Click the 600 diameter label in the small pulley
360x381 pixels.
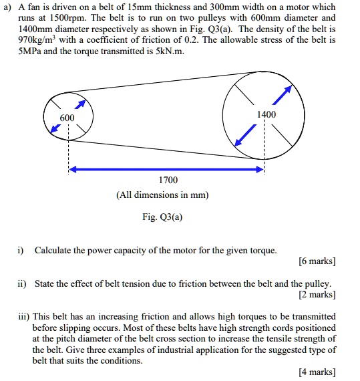67,118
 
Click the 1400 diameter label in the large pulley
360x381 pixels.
266,114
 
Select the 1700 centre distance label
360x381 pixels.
168,180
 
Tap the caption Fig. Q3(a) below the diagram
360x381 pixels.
162,217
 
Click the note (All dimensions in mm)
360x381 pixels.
162,195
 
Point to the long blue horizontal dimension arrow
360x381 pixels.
167,170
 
